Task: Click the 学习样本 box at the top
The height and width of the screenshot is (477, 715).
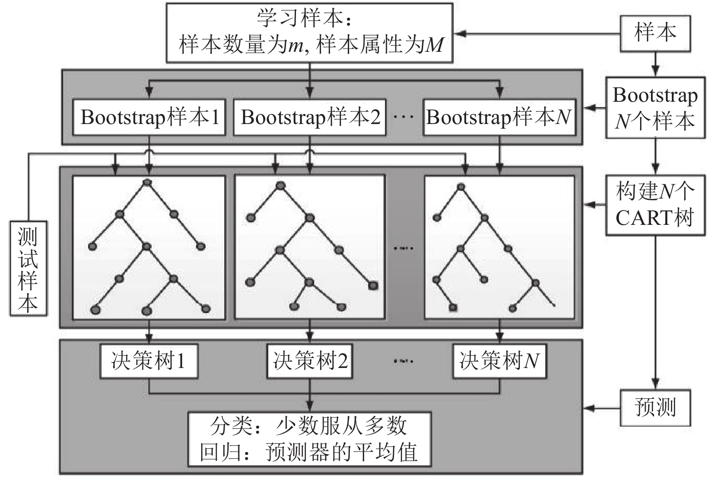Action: click(310, 33)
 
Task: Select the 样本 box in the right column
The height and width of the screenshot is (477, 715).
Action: click(655, 34)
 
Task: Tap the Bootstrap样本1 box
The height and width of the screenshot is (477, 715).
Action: click(149, 117)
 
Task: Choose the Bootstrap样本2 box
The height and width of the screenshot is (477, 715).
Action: click(310, 117)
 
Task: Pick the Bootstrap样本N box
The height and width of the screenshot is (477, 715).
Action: click(499, 117)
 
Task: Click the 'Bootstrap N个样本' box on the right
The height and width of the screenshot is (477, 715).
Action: click(655, 108)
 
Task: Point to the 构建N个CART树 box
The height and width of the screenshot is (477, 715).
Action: click(655, 205)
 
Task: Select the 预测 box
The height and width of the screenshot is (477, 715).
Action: click(655, 407)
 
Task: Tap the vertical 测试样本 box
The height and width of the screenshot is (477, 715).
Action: click(28, 268)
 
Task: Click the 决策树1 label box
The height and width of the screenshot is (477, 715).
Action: click(149, 361)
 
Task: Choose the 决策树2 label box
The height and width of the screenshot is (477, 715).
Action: click(310, 361)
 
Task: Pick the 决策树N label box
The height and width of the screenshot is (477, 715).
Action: click(499, 361)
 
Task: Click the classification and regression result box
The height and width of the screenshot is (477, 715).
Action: click(310, 439)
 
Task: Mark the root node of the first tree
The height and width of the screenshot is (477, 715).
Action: click(147, 183)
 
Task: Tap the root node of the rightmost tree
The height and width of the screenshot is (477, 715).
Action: click(461, 186)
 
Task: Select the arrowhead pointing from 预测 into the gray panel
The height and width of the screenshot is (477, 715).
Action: click(589, 407)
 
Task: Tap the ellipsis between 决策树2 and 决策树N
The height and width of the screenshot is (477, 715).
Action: click(403, 361)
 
